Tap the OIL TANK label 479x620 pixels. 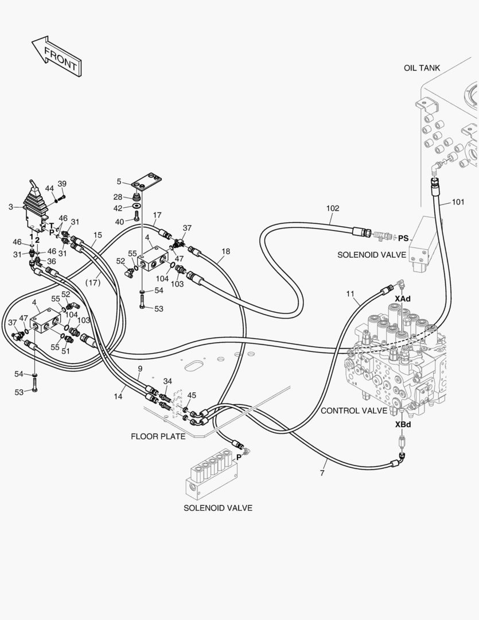pos(421,68)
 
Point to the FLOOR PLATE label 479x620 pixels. pos(158,436)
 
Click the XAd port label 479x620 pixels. pos(402,299)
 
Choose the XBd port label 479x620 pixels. pos(402,425)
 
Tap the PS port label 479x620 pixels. pos(403,238)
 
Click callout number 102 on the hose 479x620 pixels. pos(333,208)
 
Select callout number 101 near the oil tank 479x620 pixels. pos(458,202)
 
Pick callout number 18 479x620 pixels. pos(225,251)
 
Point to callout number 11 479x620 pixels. pos(351,294)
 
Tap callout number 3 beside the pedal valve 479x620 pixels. pos(10,206)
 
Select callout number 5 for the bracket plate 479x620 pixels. pos(119,181)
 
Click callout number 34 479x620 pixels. pos(168,381)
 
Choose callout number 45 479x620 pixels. pos(192,395)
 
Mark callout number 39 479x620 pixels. pos(62,184)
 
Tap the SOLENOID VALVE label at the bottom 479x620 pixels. pos(217,508)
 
